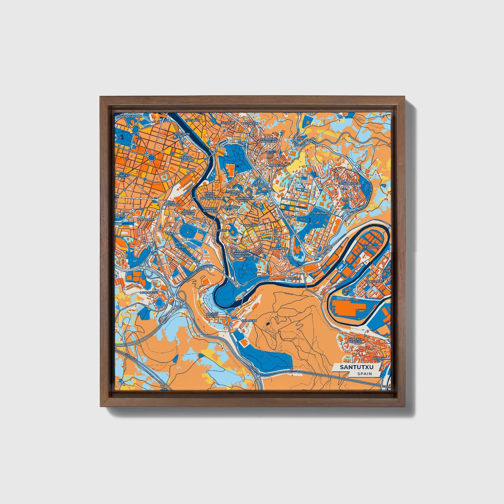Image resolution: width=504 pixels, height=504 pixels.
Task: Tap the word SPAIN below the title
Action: point(364,374)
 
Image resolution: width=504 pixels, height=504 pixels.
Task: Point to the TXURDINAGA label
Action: point(321,212)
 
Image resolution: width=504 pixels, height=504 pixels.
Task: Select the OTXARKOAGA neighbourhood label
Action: point(349,183)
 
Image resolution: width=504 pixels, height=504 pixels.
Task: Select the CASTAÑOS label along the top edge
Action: point(193,120)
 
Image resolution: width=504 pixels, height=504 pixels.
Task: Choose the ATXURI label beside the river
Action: point(222,231)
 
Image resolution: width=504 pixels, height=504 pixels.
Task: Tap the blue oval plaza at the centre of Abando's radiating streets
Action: point(152,158)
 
